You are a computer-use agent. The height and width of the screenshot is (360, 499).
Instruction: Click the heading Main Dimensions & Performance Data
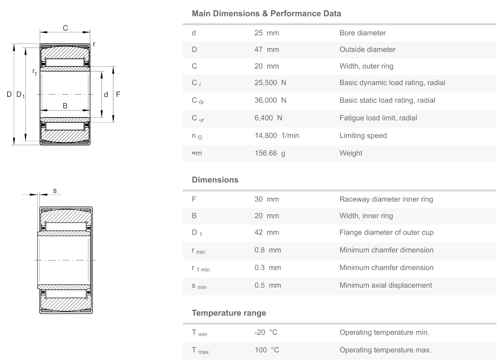[x=266, y=14]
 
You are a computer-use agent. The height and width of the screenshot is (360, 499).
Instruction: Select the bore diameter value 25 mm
[x=267, y=33]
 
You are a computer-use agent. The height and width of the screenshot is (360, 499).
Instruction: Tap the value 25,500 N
[x=270, y=83]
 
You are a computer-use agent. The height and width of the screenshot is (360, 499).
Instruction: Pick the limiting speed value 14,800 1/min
[x=277, y=136]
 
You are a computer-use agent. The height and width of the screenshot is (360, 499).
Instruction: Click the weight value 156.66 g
[x=270, y=153]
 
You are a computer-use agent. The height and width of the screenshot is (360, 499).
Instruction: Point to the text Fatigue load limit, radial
[x=378, y=118]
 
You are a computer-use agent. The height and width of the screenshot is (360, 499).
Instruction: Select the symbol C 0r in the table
[x=198, y=101]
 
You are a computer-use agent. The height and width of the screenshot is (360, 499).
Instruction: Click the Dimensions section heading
[x=215, y=180]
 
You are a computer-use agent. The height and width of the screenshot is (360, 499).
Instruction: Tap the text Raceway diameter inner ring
[x=386, y=199]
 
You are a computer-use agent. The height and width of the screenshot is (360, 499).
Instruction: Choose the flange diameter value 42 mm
[x=267, y=233]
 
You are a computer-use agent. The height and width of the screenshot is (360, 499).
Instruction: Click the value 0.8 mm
[x=267, y=250]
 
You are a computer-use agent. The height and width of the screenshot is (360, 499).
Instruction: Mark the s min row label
[x=199, y=286]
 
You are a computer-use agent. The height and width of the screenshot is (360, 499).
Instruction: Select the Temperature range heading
[x=229, y=313]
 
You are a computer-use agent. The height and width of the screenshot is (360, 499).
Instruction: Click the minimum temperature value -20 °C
[x=266, y=332]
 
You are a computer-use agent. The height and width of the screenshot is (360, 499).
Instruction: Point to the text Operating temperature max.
[x=385, y=350]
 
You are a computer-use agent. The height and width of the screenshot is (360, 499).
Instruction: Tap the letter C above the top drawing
[x=65, y=28]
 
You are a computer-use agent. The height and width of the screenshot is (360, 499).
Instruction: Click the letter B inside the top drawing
[x=65, y=106]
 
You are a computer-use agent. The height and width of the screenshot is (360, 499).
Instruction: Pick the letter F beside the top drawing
[x=118, y=95]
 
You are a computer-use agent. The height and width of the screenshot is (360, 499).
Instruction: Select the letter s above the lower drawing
[x=55, y=191]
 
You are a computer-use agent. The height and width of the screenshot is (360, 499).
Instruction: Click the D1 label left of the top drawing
[x=20, y=95]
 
